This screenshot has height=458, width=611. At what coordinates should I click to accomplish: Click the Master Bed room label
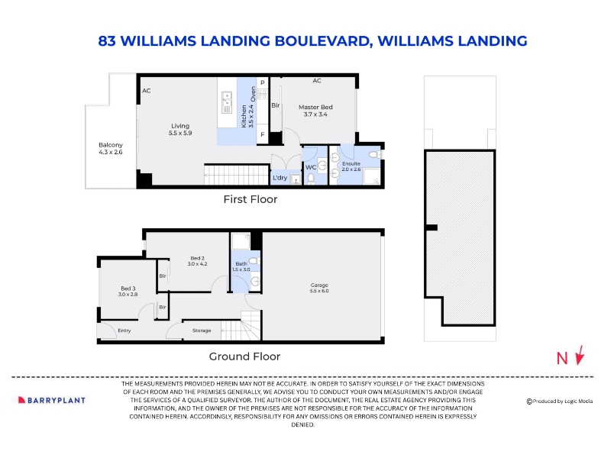(315, 111)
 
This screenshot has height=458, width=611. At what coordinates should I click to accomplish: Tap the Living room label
(180, 129)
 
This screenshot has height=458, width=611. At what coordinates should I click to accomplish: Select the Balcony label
(111, 148)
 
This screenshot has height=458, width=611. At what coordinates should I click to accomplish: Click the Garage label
(319, 288)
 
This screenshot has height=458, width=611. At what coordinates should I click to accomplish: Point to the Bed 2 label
(197, 261)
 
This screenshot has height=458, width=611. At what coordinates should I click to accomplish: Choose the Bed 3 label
(128, 292)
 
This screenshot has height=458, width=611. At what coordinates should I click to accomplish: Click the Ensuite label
(351, 166)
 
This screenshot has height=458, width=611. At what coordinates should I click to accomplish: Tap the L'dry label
(280, 178)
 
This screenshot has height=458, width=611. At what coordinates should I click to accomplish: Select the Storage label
(202, 331)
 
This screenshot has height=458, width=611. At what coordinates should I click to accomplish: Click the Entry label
(124, 331)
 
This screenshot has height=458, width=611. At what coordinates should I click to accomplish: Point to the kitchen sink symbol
(227, 102)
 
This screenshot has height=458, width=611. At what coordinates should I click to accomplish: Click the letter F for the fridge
(263, 134)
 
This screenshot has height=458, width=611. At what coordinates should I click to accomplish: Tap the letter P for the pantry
(263, 82)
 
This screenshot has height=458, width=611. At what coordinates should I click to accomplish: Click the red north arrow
(580, 355)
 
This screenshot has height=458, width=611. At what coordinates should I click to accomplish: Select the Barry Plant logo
(52, 400)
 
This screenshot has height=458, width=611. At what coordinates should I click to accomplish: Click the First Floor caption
(251, 199)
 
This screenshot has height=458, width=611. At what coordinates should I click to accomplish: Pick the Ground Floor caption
(244, 356)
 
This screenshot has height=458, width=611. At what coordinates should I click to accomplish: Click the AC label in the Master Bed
(317, 81)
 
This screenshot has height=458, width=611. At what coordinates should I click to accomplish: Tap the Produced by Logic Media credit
(560, 402)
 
